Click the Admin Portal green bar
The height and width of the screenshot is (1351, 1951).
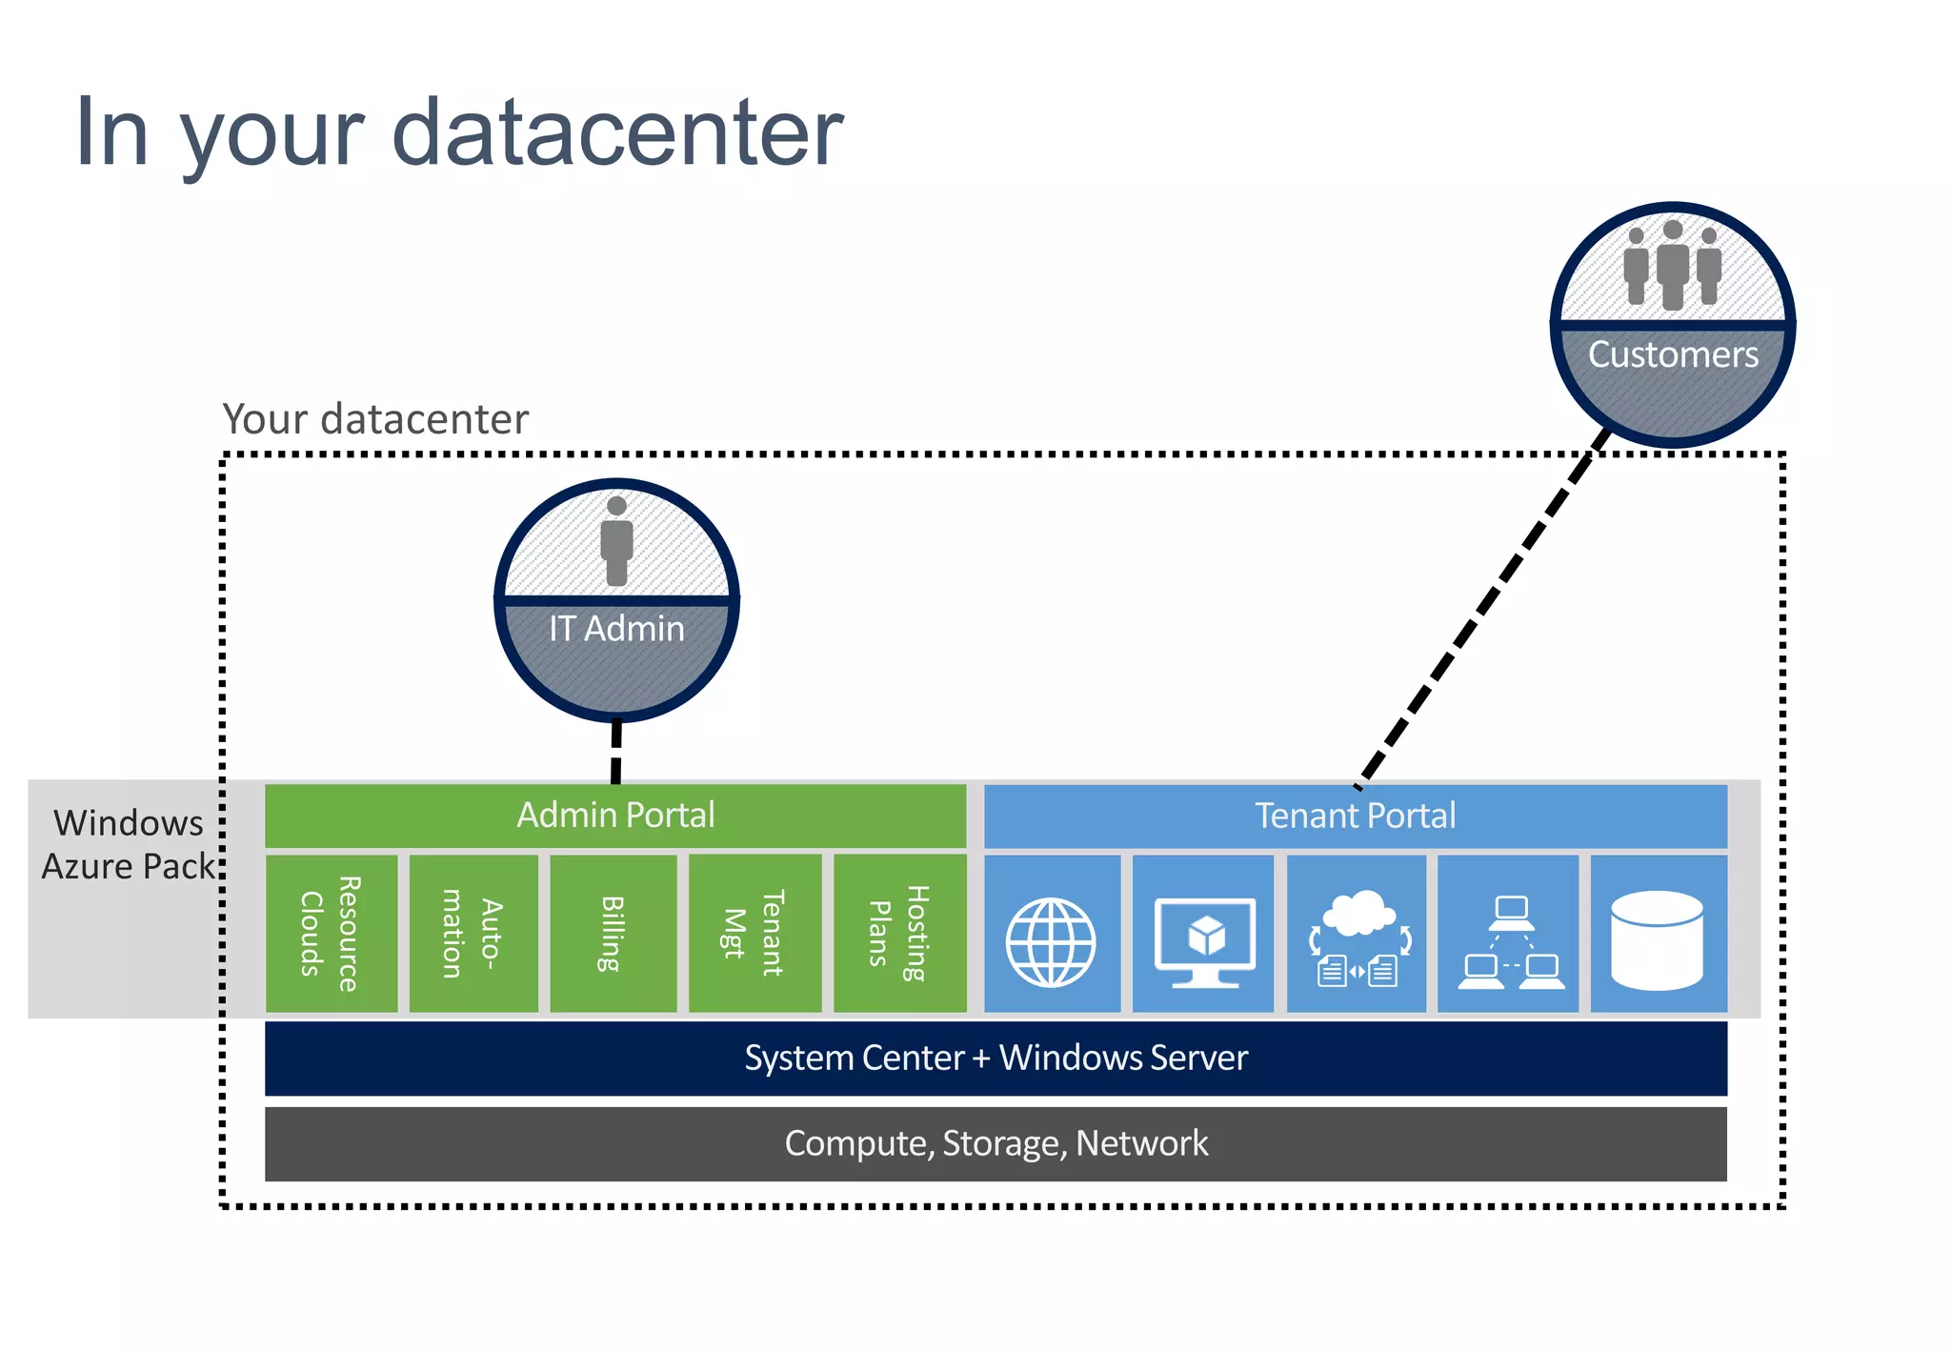point(615,816)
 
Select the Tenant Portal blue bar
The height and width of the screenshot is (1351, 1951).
point(1355,816)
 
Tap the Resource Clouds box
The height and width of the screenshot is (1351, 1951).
point(331,934)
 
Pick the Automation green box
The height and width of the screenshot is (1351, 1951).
point(473,934)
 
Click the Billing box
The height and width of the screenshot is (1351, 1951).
point(613,934)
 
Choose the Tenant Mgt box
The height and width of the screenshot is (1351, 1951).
point(754,934)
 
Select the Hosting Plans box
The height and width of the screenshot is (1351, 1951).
point(899,934)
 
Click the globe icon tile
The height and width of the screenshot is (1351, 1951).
point(1051,942)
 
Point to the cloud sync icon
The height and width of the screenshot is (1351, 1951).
point(1358,938)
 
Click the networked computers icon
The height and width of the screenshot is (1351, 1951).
point(1510,941)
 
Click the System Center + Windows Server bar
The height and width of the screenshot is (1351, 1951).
point(996,1059)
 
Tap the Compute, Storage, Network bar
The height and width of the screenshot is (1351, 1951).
point(996,1143)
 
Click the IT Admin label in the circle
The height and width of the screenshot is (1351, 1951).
point(616,629)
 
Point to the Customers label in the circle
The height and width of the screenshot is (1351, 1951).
point(1673,354)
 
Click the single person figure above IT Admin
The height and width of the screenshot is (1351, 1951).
point(616,541)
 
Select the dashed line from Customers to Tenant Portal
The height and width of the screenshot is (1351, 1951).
point(1481,610)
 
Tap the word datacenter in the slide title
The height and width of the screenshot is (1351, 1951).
point(617,132)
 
